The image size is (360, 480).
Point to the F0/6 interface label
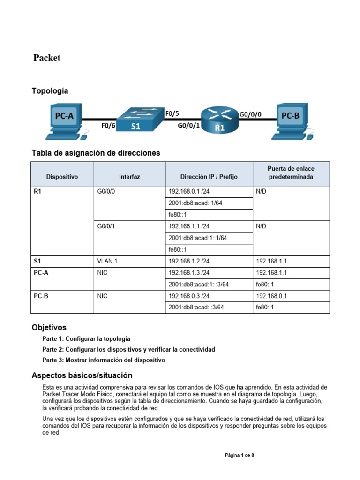[109, 126]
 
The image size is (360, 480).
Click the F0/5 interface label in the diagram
[172, 113]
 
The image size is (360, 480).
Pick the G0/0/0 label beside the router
[251, 113]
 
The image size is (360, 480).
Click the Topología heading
[50, 91]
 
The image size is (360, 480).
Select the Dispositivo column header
[62, 177]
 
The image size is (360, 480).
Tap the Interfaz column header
[129, 177]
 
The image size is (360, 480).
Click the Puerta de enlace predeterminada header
[291, 173]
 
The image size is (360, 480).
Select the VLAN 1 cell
[107, 261]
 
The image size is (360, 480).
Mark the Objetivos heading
[49, 327]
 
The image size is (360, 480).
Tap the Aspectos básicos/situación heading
[82, 375]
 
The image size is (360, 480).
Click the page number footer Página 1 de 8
[240, 455]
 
